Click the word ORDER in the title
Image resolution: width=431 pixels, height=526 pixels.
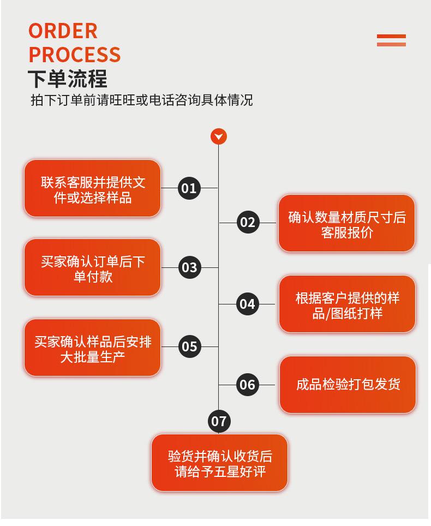[x=63, y=31]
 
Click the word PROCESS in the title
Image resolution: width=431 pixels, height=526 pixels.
[x=74, y=55]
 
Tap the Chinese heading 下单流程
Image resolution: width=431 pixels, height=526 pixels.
[x=67, y=79]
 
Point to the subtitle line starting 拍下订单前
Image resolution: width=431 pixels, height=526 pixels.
[x=141, y=100]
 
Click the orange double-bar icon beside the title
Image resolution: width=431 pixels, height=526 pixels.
[x=391, y=40]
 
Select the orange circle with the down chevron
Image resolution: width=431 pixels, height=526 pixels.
[x=219, y=136]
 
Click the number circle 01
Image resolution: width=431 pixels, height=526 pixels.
[x=189, y=188]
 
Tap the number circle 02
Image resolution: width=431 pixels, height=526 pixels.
[x=248, y=222]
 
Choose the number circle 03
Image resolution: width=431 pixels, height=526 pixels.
[x=189, y=267]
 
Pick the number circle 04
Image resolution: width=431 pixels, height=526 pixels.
[x=248, y=304]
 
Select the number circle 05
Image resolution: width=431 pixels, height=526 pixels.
[x=189, y=346]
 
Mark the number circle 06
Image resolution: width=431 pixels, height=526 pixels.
[x=248, y=385]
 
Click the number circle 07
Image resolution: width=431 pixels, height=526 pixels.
[x=219, y=421]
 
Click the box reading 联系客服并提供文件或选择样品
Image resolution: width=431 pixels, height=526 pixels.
[x=92, y=189]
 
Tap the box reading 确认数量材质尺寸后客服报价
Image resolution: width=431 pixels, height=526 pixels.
[x=346, y=224]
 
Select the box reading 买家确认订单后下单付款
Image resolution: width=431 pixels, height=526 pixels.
[x=92, y=268]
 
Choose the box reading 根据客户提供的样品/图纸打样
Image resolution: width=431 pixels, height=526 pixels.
[x=347, y=304]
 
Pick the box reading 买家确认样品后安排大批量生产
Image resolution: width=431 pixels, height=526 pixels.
[x=92, y=348]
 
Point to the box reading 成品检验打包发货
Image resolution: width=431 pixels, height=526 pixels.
[x=348, y=385]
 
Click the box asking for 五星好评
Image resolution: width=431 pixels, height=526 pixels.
[x=219, y=463]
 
